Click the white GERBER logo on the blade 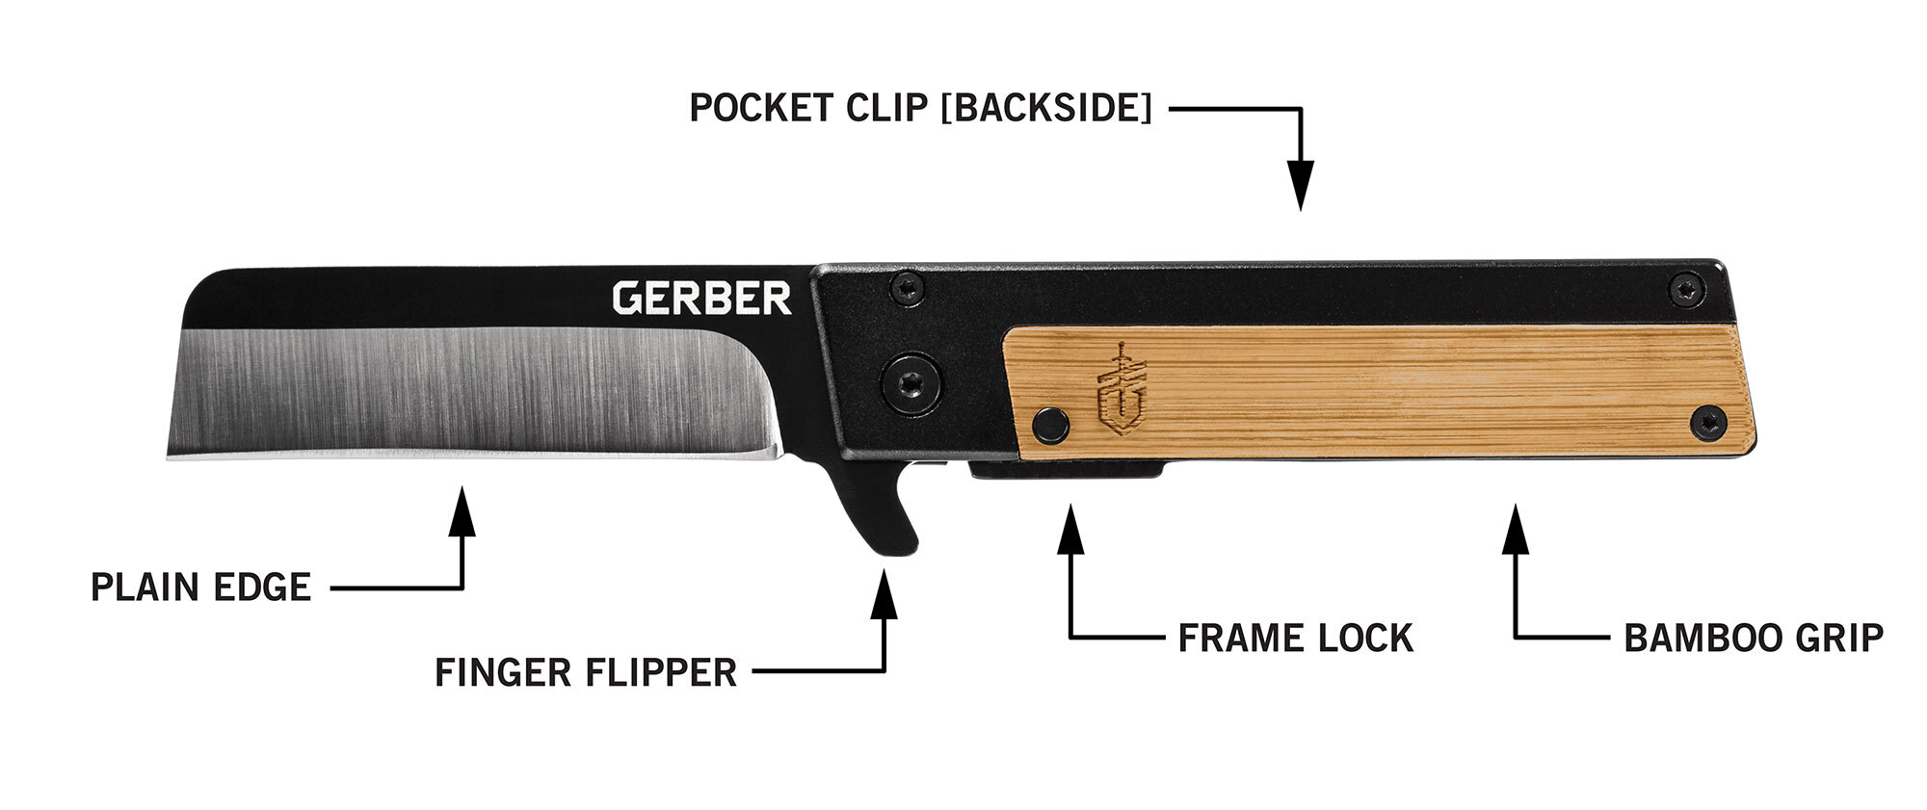[701, 298]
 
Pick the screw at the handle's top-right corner [1685, 286]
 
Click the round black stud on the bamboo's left [1049, 424]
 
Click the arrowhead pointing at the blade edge [462, 510]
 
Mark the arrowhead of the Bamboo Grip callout [1516, 528]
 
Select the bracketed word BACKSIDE [1045, 108]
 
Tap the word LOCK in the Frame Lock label [1367, 638]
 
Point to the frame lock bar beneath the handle [1065, 470]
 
